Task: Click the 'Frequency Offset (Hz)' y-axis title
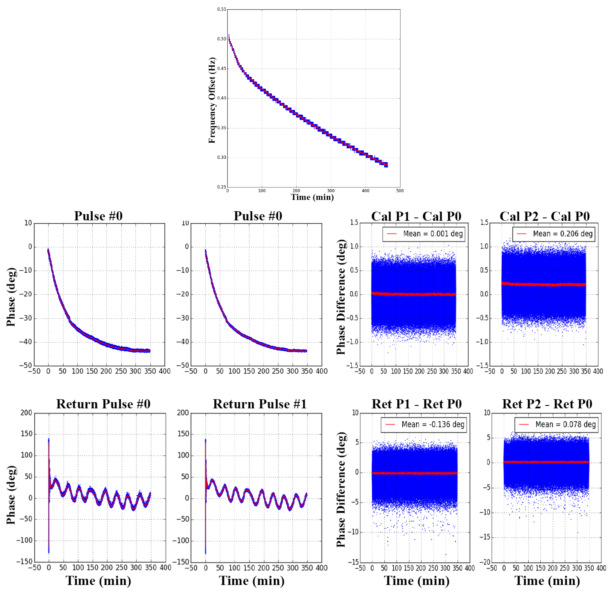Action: coord(212,100)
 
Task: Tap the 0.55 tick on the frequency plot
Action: coord(221,9)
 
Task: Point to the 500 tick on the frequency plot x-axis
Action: coord(400,191)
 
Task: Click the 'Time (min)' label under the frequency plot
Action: coord(312,197)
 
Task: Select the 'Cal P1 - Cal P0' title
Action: coord(416,216)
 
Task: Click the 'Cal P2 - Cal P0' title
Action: coord(545,216)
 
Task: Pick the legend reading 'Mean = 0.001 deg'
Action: coord(424,234)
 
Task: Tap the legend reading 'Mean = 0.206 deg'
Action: coord(554,234)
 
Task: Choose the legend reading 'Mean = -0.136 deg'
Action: coord(424,425)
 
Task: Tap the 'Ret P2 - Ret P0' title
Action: coord(547,404)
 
